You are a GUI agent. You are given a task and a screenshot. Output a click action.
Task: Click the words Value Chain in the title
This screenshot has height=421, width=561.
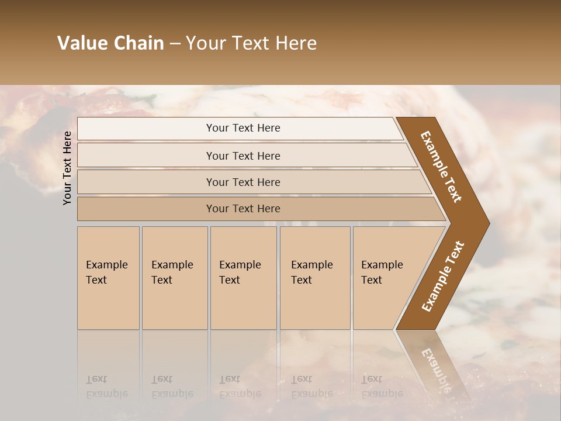click(x=110, y=43)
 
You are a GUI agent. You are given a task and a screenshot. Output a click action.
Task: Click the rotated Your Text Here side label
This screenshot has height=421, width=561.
click(x=67, y=168)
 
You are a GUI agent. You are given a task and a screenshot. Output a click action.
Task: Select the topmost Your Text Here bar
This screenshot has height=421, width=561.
click(x=243, y=128)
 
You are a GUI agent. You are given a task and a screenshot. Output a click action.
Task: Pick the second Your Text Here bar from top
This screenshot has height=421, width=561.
click(x=243, y=156)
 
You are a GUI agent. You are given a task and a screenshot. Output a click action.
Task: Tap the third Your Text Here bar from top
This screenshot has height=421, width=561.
click(x=243, y=182)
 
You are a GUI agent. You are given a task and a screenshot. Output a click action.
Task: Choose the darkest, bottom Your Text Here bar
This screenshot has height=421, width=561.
click(x=243, y=208)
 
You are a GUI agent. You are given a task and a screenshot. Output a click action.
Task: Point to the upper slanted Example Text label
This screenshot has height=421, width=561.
click(x=441, y=167)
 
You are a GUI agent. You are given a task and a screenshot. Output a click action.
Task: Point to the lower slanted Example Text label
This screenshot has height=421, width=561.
click(x=443, y=276)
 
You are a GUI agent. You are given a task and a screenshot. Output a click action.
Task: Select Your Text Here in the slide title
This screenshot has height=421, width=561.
click(x=251, y=43)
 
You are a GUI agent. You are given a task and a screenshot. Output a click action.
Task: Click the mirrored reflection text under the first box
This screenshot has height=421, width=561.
click(x=106, y=387)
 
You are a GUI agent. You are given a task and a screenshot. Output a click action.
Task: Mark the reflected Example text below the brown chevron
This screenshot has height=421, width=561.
click(x=438, y=368)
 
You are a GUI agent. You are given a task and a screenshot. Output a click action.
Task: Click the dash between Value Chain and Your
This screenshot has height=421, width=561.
click(x=175, y=44)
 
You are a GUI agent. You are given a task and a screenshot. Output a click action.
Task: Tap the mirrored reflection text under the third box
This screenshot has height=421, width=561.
click(x=240, y=387)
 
